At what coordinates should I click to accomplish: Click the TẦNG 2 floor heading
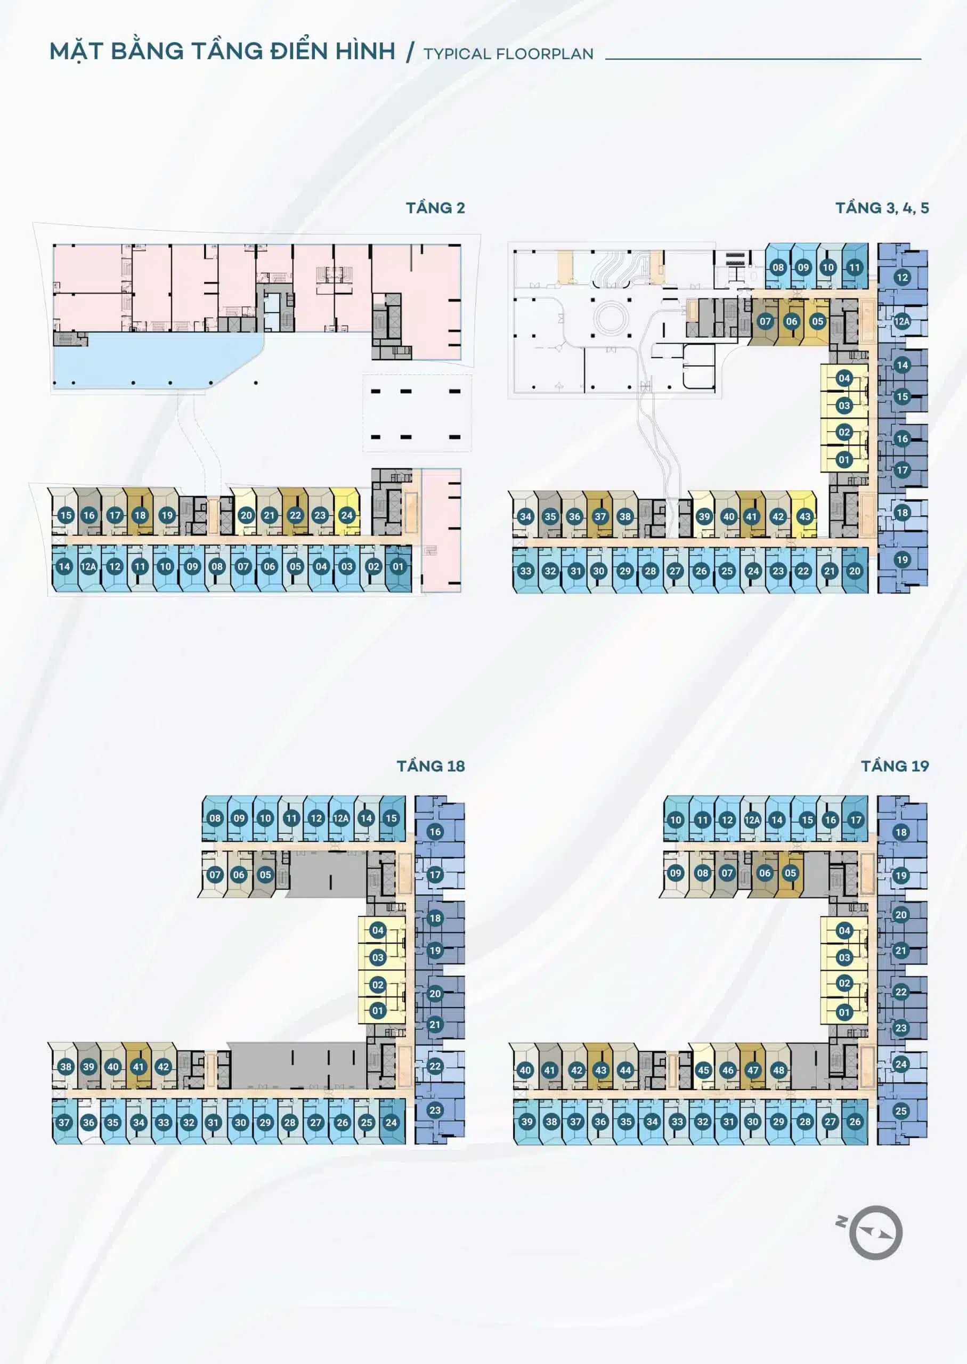point(435,208)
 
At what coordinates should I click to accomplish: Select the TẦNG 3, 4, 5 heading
point(882,208)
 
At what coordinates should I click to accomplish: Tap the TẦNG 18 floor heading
point(430,766)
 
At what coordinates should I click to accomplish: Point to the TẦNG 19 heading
point(895,766)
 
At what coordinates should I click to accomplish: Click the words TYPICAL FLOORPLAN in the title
point(508,54)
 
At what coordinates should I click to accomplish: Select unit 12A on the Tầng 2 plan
point(89,566)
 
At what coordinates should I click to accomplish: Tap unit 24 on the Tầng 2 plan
point(346,515)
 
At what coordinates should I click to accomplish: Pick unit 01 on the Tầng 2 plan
point(398,566)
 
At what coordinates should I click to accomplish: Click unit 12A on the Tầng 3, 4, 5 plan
point(901,321)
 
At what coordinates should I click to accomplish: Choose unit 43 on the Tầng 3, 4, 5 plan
point(805,516)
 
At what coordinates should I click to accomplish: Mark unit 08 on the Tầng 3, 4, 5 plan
point(778,267)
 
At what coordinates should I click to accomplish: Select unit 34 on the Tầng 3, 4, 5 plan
point(525,516)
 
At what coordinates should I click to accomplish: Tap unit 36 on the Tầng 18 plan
point(89,1122)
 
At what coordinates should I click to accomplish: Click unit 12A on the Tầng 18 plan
point(340,818)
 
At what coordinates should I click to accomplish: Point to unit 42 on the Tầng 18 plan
point(163,1066)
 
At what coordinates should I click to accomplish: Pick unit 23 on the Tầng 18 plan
point(435,1110)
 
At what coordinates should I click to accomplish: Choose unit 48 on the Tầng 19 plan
point(779,1070)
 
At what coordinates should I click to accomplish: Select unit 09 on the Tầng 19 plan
point(675,873)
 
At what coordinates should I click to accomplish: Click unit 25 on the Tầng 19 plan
point(901,1110)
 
